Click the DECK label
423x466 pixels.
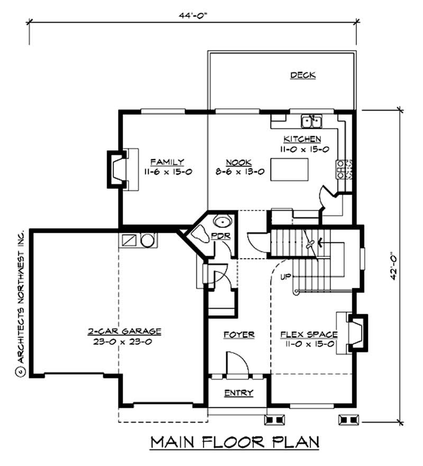(x=303, y=75)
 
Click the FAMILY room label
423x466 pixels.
(x=167, y=162)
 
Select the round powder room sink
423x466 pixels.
(x=223, y=222)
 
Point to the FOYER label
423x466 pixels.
(x=239, y=335)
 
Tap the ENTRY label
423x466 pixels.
(x=238, y=393)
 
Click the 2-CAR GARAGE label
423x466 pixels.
(x=124, y=332)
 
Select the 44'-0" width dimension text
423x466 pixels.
(x=193, y=15)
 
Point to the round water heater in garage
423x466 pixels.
(x=147, y=241)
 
